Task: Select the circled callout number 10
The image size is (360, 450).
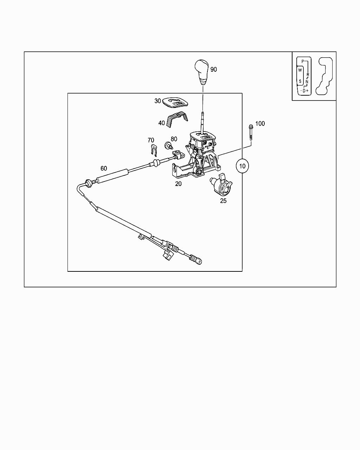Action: (242, 165)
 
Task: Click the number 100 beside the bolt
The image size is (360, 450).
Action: (260, 123)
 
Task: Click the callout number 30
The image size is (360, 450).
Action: (157, 101)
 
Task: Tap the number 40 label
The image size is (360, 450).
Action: (162, 123)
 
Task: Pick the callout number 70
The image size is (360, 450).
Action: (151, 140)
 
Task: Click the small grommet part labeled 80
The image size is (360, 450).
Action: (168, 145)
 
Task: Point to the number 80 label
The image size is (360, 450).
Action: (174, 139)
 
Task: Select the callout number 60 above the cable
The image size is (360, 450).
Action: (104, 169)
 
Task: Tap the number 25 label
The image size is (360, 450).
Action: (223, 201)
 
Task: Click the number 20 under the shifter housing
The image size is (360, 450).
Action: (179, 184)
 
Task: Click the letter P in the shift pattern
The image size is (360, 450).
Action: (302, 61)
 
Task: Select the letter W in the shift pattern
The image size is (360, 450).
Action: (300, 70)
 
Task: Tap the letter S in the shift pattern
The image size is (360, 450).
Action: (300, 81)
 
